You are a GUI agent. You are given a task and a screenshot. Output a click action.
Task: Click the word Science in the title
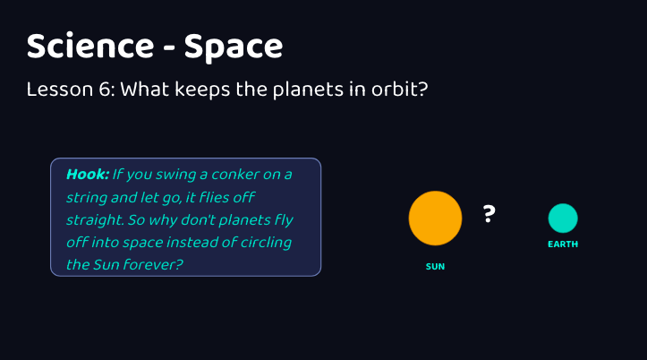pos(90,46)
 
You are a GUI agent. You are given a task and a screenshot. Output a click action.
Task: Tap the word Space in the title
pos(234,47)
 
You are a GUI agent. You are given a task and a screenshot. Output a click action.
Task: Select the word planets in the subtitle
pos(308,90)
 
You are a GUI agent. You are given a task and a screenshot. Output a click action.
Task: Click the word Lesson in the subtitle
pos(60,90)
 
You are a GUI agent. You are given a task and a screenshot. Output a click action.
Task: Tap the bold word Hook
pos(88,175)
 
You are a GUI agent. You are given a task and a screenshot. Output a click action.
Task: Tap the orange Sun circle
pos(435,218)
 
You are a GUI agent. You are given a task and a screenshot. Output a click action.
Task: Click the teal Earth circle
pos(563,219)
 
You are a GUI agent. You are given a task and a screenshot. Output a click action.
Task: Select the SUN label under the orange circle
pos(435,267)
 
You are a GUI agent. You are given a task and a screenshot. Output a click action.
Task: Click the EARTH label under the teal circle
pos(563,244)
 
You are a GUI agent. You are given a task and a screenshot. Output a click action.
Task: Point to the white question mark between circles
pos(489,214)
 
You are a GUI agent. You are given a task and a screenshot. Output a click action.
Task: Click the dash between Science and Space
pos(169,48)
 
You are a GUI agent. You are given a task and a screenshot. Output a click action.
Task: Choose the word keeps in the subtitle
pos(202,90)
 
